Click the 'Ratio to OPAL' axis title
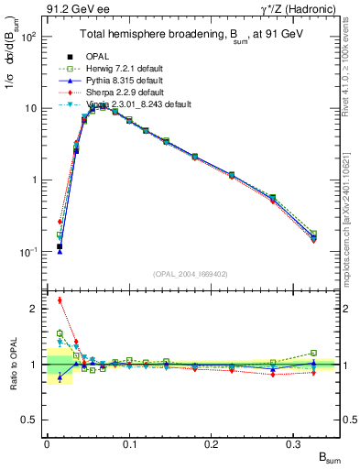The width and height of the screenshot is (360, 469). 12,363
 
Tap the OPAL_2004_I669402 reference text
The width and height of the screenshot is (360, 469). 192,274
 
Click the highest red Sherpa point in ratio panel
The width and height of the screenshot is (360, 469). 60,300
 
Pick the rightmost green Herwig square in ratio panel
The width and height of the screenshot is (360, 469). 313,353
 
